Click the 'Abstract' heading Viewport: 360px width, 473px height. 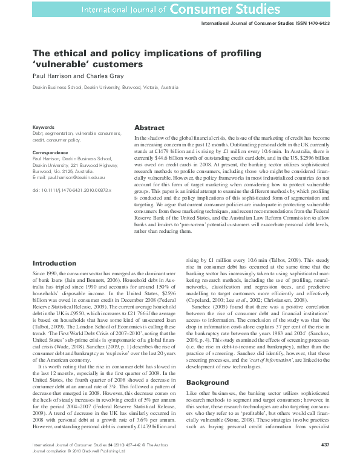[149, 128]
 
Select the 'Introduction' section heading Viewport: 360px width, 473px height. [54, 263]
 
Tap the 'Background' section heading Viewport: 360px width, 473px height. [208, 383]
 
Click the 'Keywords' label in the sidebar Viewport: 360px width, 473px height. [44, 128]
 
